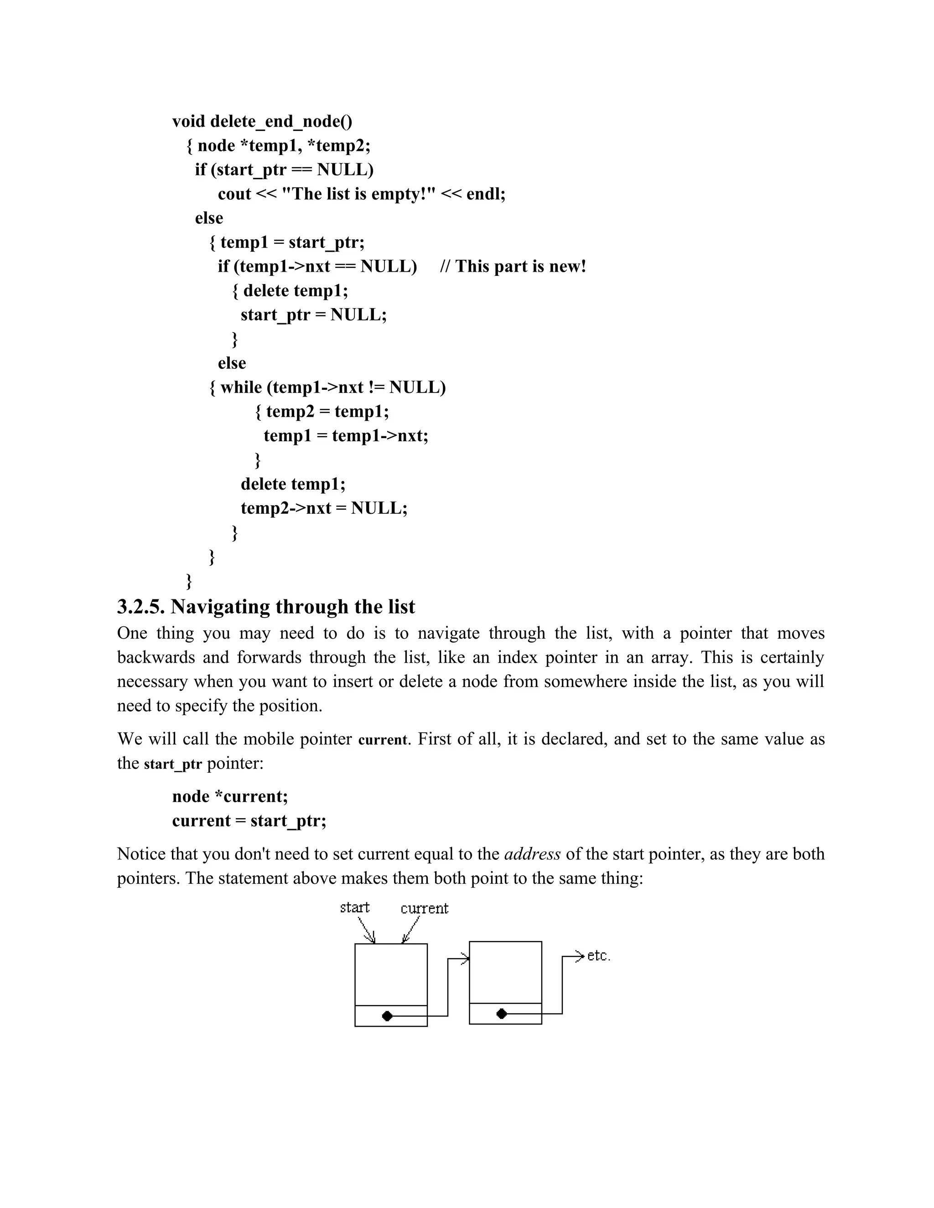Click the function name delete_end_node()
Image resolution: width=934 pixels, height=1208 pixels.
pyautogui.click(x=281, y=122)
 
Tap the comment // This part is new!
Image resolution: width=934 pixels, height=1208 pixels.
pyautogui.click(x=513, y=267)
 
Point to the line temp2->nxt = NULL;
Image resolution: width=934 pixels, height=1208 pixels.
pyautogui.click(x=324, y=508)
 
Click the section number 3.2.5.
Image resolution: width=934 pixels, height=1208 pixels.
pyautogui.click(x=141, y=607)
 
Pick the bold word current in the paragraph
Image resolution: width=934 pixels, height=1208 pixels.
pyautogui.click(x=383, y=740)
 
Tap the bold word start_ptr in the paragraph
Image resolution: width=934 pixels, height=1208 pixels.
pyautogui.click(x=173, y=764)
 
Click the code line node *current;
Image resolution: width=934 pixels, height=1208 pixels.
pyautogui.click(x=230, y=797)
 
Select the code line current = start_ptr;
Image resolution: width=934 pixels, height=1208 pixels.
pyautogui.click(x=249, y=821)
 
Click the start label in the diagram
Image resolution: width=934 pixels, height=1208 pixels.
pyautogui.click(x=355, y=908)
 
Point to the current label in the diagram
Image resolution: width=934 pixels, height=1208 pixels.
pyautogui.click(x=425, y=909)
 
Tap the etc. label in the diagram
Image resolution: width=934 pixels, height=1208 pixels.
pyautogui.click(x=599, y=956)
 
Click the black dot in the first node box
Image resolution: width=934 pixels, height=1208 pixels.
pyautogui.click(x=387, y=1016)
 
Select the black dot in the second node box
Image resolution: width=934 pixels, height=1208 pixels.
pyautogui.click(x=502, y=1014)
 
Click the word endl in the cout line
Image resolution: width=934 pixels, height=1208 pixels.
pyautogui.click(x=484, y=194)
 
